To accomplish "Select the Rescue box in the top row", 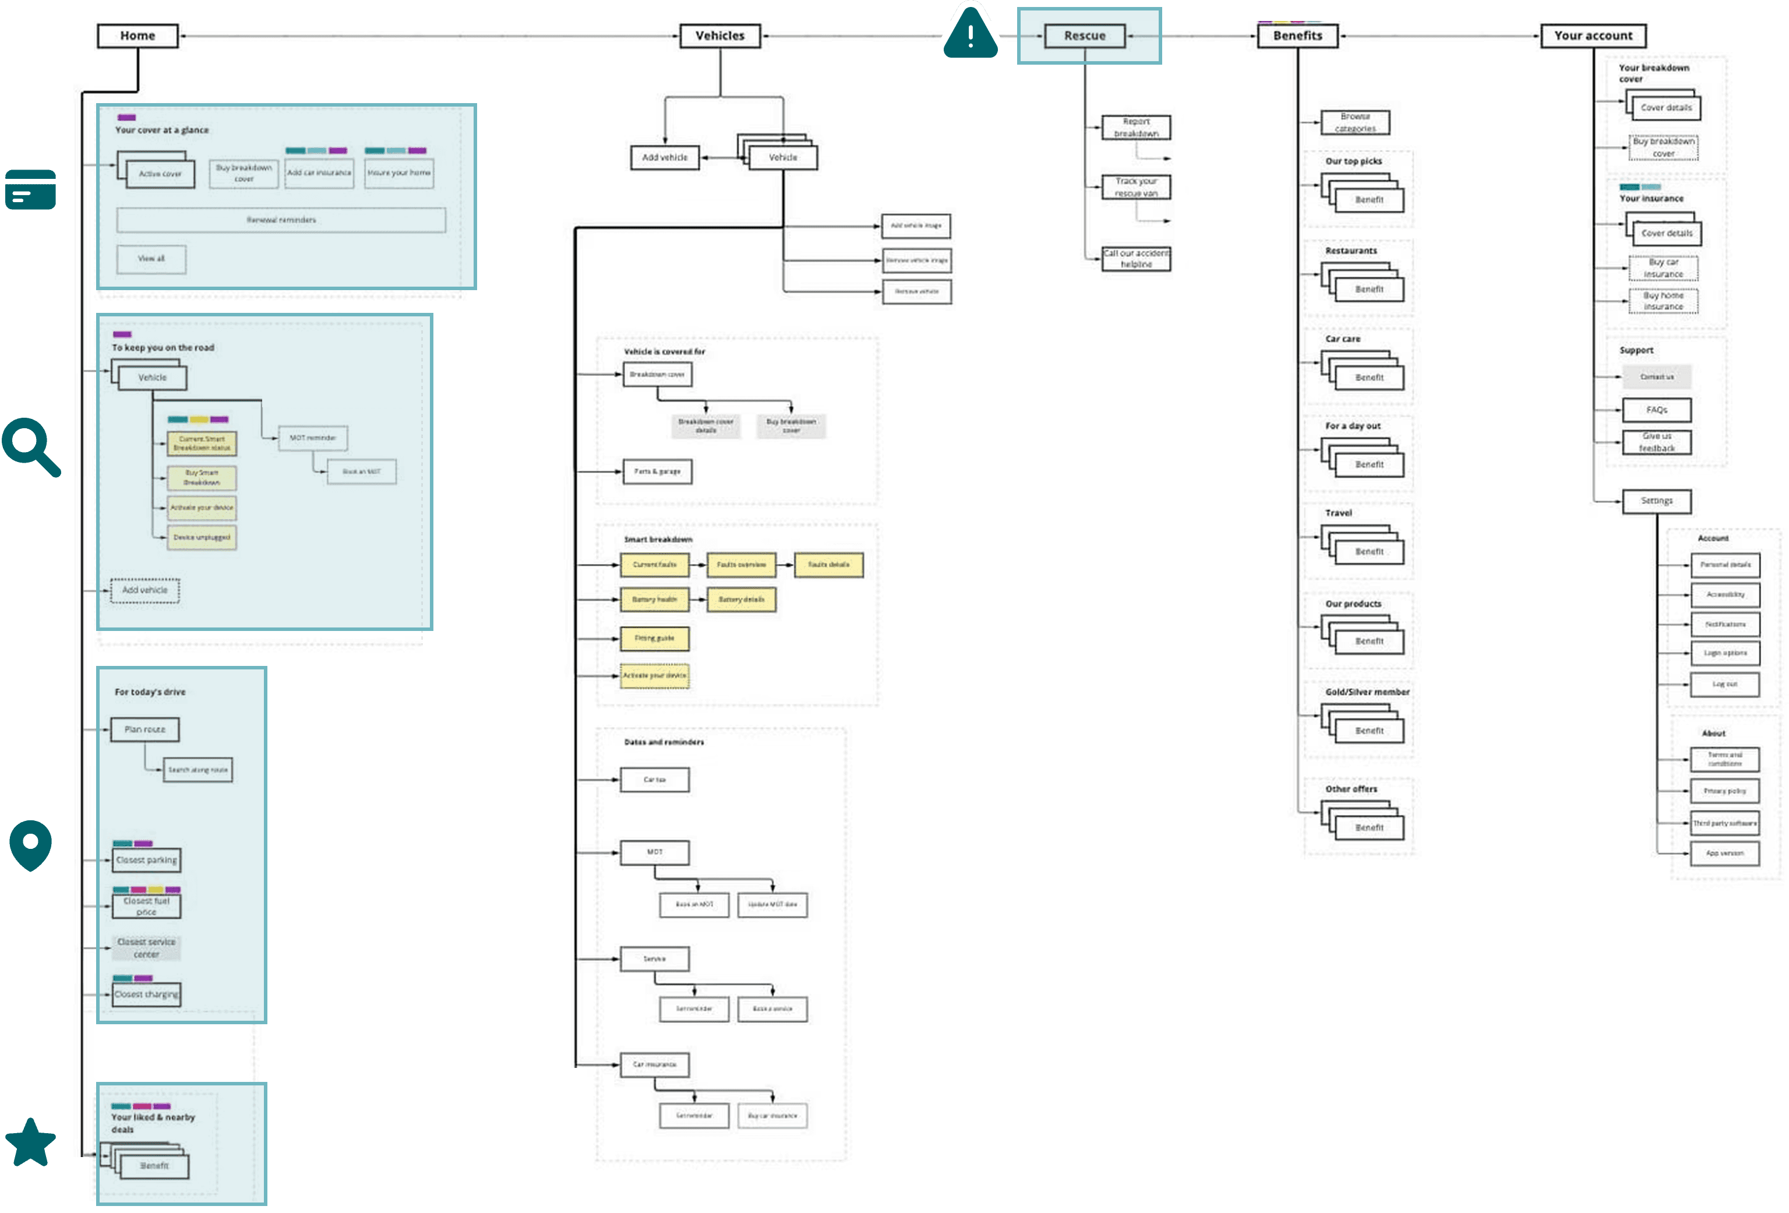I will tap(1084, 36).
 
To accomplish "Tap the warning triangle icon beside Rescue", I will tap(970, 34).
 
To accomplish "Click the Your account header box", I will tap(1592, 36).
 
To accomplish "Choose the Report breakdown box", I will tap(1135, 128).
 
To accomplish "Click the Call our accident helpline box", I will tap(1135, 259).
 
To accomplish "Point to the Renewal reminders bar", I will tap(281, 220).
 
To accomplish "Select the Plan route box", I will tap(144, 729).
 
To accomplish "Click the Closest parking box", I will tap(146, 861).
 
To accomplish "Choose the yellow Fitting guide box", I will tap(654, 639).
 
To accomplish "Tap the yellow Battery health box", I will tap(654, 600).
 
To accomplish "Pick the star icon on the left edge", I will tap(30, 1142).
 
